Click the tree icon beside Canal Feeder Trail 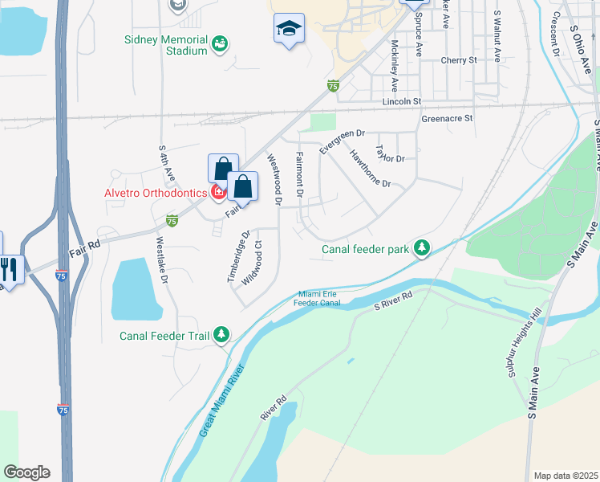[222, 336]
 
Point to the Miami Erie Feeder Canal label [320, 298]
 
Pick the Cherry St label [459, 60]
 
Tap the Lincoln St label [402, 102]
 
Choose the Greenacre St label [447, 118]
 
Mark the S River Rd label [393, 300]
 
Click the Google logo [26, 472]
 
